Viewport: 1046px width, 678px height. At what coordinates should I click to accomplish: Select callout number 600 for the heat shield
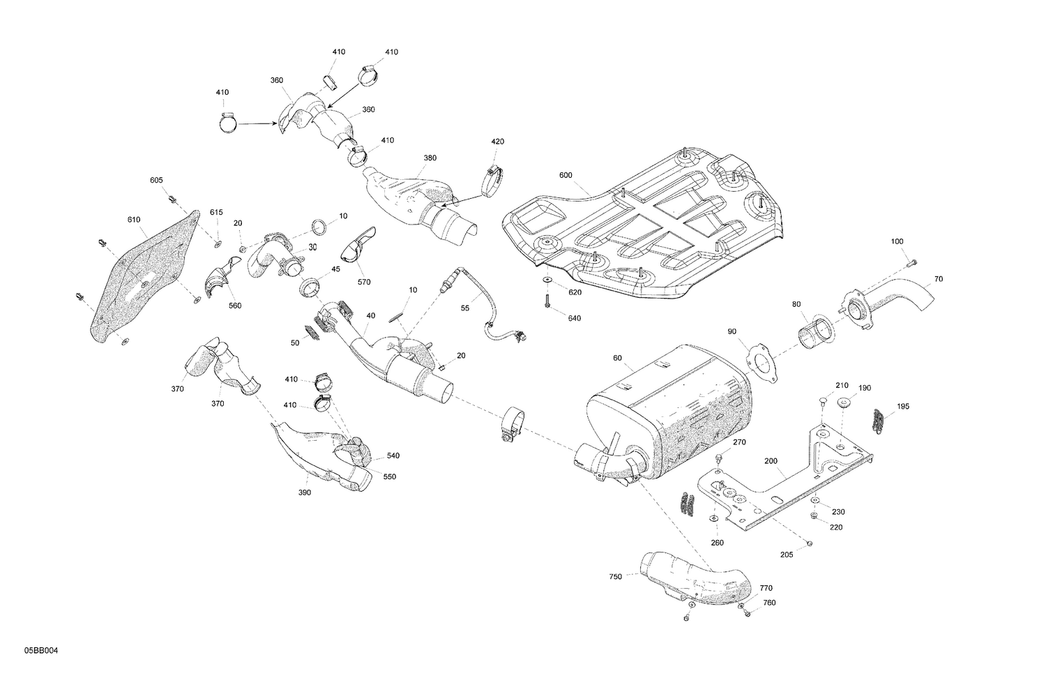[566, 175]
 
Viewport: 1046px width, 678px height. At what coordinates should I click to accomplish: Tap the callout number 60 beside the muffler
[617, 358]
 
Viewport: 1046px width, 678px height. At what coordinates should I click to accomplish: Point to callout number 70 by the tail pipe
[939, 279]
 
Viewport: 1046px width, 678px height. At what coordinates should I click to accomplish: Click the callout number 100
[897, 241]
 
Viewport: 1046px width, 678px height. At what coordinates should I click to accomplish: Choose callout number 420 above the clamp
[497, 142]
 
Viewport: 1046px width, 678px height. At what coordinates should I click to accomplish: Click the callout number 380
[430, 158]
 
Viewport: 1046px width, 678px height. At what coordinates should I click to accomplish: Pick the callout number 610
[134, 220]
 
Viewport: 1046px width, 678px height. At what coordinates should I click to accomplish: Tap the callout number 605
[156, 180]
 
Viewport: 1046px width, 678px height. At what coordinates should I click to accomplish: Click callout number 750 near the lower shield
[615, 577]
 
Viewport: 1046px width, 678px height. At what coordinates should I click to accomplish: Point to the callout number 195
[903, 406]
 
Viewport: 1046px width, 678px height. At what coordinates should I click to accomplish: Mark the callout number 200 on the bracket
[770, 462]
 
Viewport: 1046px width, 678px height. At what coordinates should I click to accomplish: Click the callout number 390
[305, 492]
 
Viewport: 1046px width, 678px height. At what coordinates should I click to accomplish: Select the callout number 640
[575, 318]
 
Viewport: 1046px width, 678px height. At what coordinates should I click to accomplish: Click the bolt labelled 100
[913, 262]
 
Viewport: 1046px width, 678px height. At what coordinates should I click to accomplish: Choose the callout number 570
[364, 282]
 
